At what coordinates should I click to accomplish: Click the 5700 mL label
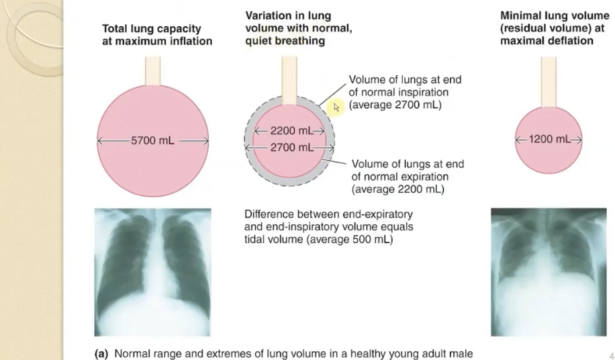tap(152, 141)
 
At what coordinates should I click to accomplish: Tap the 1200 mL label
tap(549, 139)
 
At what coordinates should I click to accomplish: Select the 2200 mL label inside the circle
tap(288, 130)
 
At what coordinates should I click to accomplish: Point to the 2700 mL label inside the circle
tap(289, 147)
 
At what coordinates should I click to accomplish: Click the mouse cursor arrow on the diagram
tap(338, 106)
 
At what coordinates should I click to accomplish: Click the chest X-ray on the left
tap(152, 271)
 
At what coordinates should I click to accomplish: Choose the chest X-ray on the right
tap(549, 271)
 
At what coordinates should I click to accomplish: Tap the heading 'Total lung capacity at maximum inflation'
tap(156, 35)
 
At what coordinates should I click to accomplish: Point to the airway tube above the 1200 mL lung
tap(549, 82)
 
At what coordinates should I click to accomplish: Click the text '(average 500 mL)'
tap(350, 239)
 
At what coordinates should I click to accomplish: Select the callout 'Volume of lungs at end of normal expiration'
tap(408, 177)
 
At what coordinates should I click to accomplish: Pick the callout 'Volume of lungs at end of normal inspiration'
tap(405, 93)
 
